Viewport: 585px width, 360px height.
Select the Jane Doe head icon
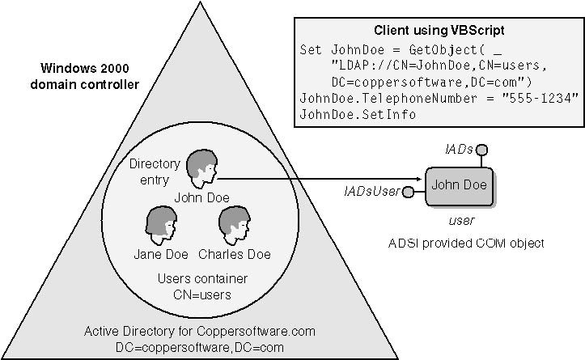(x=161, y=222)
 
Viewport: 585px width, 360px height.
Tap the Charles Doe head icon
(x=234, y=222)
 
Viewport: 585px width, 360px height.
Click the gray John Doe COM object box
(x=458, y=185)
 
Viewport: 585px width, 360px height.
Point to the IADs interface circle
(x=481, y=150)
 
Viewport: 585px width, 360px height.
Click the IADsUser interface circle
(x=408, y=192)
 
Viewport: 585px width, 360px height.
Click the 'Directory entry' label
(x=155, y=172)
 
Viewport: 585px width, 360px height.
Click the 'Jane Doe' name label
(x=161, y=255)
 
